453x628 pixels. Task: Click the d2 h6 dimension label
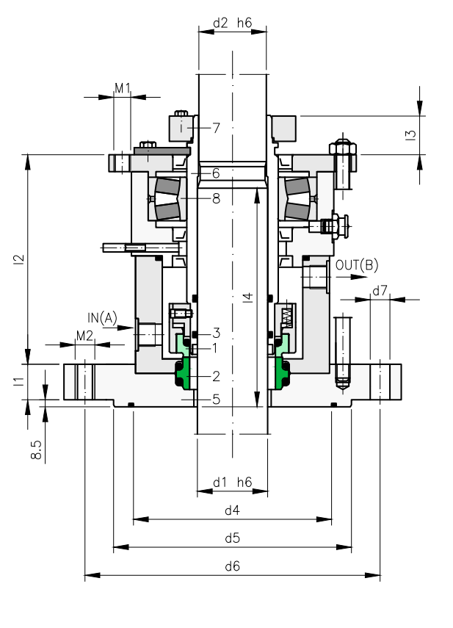(232, 23)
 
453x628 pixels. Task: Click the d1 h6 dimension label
(232, 483)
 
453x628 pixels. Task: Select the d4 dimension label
(232, 510)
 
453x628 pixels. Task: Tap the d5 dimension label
(232, 538)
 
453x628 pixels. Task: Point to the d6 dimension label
(232, 566)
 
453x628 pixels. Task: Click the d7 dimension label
(380, 290)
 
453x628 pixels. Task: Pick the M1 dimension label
(123, 87)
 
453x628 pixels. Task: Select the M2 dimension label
(84, 336)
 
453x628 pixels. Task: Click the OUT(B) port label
(357, 265)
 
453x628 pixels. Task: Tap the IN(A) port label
(103, 318)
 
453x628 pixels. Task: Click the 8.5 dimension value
(36, 450)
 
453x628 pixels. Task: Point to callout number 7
(216, 128)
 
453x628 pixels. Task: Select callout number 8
(216, 198)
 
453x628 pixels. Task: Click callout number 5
(216, 400)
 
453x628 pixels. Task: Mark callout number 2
(216, 376)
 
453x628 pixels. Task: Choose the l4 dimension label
(248, 297)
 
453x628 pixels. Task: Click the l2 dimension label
(19, 259)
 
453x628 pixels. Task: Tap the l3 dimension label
(410, 135)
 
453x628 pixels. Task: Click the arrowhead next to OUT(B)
(359, 277)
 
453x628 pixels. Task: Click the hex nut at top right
(343, 149)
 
